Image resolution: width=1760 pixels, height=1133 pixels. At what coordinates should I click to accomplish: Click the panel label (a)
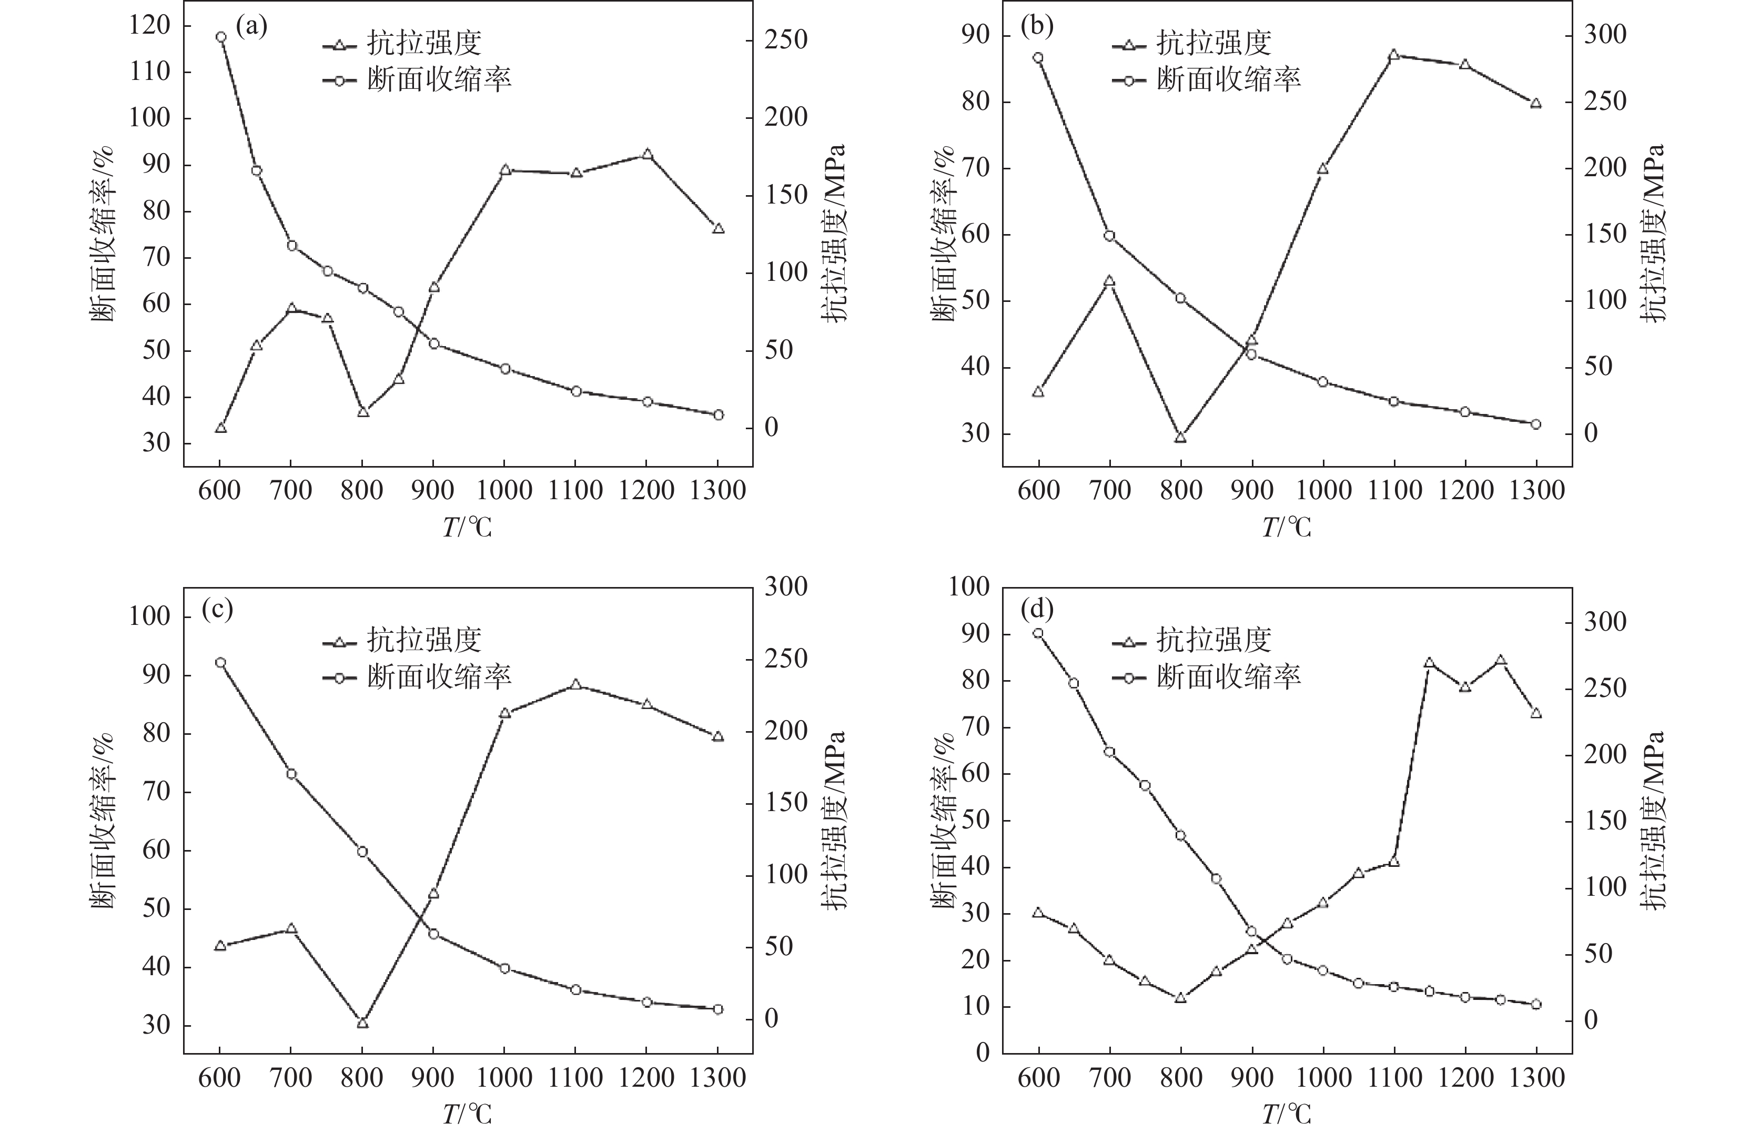coord(251,27)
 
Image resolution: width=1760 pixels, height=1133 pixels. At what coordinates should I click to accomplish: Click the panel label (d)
coord(1037,609)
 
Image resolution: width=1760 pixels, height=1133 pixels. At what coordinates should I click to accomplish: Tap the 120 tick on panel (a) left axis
coord(149,26)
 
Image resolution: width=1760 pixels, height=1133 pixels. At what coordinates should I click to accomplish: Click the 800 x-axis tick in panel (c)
coord(361,1078)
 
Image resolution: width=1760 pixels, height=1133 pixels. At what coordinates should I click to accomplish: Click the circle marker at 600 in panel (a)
coord(220,37)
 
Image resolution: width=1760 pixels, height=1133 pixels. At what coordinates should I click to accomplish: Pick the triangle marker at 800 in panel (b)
coord(1181,438)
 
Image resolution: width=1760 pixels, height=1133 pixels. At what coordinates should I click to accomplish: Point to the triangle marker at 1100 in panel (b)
coord(1393,55)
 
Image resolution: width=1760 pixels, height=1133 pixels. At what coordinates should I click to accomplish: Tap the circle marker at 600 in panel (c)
coord(220,662)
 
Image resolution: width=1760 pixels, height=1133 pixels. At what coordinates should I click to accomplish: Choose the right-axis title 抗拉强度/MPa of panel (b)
coord(1653,232)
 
